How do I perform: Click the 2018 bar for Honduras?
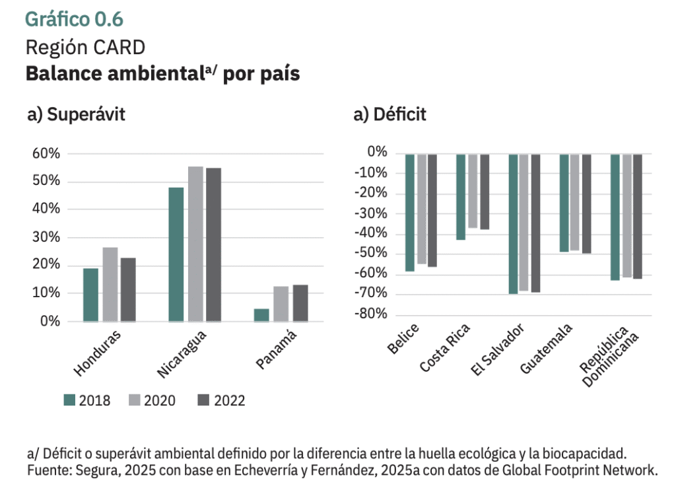coord(90,295)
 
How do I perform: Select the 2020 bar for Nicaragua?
coord(195,244)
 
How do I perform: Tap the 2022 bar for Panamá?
coord(300,303)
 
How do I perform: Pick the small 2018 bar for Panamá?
coord(261,315)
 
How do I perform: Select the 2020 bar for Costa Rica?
coord(473,191)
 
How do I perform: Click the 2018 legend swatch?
coord(70,400)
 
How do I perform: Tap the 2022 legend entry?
coord(221,400)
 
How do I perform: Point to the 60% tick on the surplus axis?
coord(46,154)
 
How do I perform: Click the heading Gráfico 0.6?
coord(74,20)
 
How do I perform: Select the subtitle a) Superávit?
coord(76,114)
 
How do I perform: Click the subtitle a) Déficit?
coord(390,114)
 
